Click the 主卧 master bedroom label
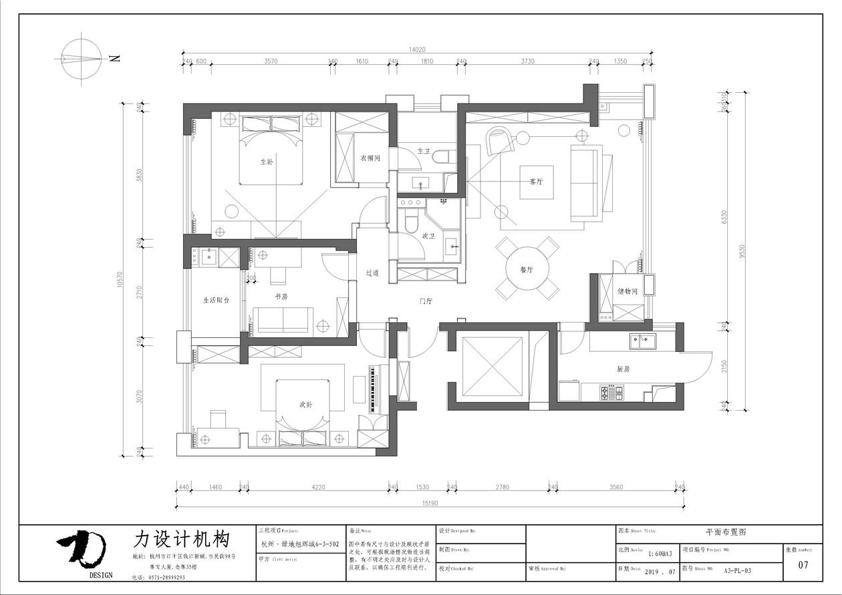pyautogui.click(x=267, y=162)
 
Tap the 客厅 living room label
pyautogui.click(x=536, y=181)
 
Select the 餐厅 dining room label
pyautogui.click(x=527, y=270)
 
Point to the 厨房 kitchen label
pyautogui.click(x=624, y=369)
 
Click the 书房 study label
pyautogui.click(x=281, y=296)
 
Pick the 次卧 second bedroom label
pyautogui.click(x=305, y=404)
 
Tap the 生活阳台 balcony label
pyautogui.click(x=216, y=301)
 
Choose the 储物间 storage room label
pyautogui.click(x=628, y=291)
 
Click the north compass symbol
pyautogui.click(x=82, y=59)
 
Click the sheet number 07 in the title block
pyautogui.click(x=803, y=566)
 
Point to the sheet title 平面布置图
pyautogui.click(x=725, y=532)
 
